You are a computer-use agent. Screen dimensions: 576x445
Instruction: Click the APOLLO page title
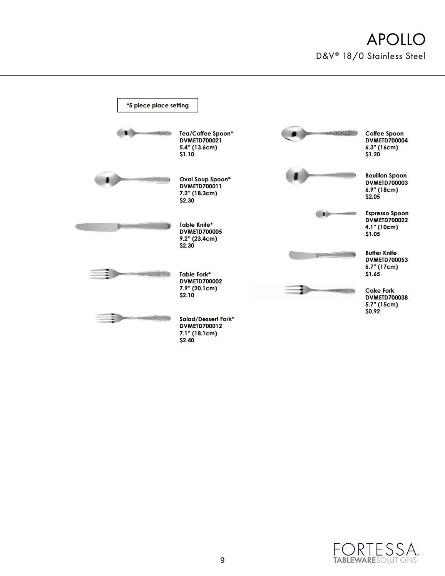396,39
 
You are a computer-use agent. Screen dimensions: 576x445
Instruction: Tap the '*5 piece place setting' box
157,105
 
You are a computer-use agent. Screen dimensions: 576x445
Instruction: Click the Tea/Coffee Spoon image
144,133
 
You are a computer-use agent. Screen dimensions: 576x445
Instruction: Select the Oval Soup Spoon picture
132,179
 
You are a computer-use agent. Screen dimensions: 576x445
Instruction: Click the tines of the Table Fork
99,274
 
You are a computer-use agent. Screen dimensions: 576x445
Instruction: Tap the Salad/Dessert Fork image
133,318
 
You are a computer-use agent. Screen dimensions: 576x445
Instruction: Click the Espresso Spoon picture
336,214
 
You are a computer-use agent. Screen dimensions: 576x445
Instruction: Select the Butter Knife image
322,255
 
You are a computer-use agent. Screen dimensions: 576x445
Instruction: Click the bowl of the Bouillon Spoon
297,176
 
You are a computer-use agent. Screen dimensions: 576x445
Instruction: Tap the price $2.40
187,340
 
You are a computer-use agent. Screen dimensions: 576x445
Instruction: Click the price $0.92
373,311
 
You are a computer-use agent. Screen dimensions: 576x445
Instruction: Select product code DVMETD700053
386,260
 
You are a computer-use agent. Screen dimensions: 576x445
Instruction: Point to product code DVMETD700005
201,232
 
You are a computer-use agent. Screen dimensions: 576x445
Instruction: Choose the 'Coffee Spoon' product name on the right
384,134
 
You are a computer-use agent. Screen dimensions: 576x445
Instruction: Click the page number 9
222,560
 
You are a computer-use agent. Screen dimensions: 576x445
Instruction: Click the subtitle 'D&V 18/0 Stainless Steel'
371,56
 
